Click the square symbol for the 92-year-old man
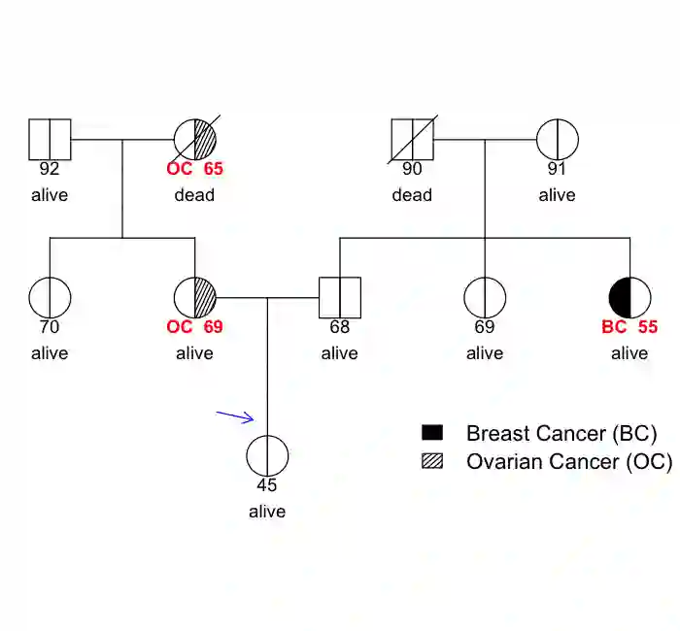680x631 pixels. (50, 139)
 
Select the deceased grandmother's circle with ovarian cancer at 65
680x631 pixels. (195, 139)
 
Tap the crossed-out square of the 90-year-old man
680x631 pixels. (412, 139)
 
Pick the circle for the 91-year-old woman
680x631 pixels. (558, 139)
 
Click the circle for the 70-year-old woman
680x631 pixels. (50, 297)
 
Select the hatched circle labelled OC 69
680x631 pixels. (195, 297)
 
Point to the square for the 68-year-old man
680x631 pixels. (340, 297)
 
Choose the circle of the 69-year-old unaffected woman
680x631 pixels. (485, 297)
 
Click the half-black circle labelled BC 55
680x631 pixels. (629, 297)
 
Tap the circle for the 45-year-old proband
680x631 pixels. (267, 455)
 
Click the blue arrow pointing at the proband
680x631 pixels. (235, 417)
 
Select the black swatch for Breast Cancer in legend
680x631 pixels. (432, 433)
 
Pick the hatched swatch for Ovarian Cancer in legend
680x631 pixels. (432, 461)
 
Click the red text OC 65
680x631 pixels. (194, 169)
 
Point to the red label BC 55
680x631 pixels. (629, 327)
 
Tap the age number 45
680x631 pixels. (267, 485)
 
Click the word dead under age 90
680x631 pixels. (412, 195)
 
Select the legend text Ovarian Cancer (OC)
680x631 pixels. (568, 461)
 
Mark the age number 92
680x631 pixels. (50, 169)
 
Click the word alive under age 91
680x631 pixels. (558, 195)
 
